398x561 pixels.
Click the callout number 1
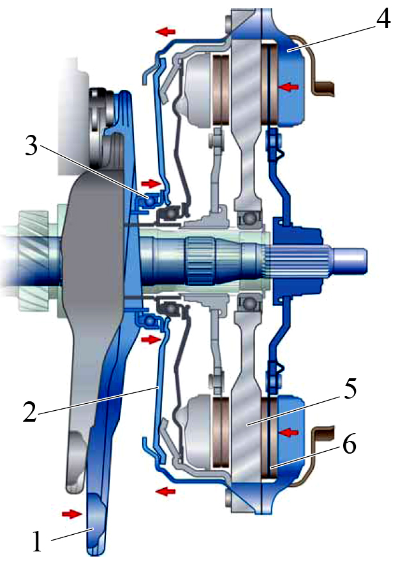pyautogui.click(x=38, y=541)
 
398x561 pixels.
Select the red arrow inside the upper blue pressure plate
pyautogui.click(x=289, y=87)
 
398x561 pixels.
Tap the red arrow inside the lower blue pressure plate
pyautogui.click(x=289, y=433)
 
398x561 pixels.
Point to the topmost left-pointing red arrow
pyautogui.click(x=165, y=32)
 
